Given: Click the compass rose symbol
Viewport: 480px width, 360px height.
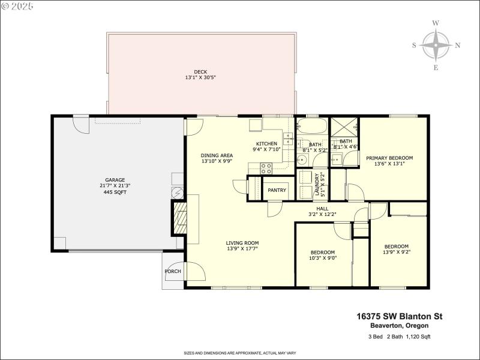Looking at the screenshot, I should point(436,46).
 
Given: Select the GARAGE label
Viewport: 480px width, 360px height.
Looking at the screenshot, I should point(115,180).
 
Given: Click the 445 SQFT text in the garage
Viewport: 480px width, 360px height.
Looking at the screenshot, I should point(115,193).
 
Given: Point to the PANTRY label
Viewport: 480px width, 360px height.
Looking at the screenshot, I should point(277,190).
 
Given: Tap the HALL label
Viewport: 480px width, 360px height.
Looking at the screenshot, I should point(322,208).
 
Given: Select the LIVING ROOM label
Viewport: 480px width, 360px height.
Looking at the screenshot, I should point(242,242).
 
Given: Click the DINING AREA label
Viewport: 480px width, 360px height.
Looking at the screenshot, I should point(216,155).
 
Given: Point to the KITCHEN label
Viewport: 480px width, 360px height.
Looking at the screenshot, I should point(266,143).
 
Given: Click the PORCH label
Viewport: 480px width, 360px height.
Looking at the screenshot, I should point(173,271).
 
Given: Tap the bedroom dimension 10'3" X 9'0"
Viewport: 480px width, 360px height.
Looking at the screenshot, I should point(322,259).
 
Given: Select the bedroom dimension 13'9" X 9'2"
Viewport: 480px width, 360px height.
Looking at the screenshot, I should point(396,253).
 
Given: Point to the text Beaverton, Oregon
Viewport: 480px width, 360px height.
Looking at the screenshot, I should point(407,325).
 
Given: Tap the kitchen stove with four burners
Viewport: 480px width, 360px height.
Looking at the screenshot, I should point(266,168).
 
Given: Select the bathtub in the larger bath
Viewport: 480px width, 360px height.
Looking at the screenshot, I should point(312,127).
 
